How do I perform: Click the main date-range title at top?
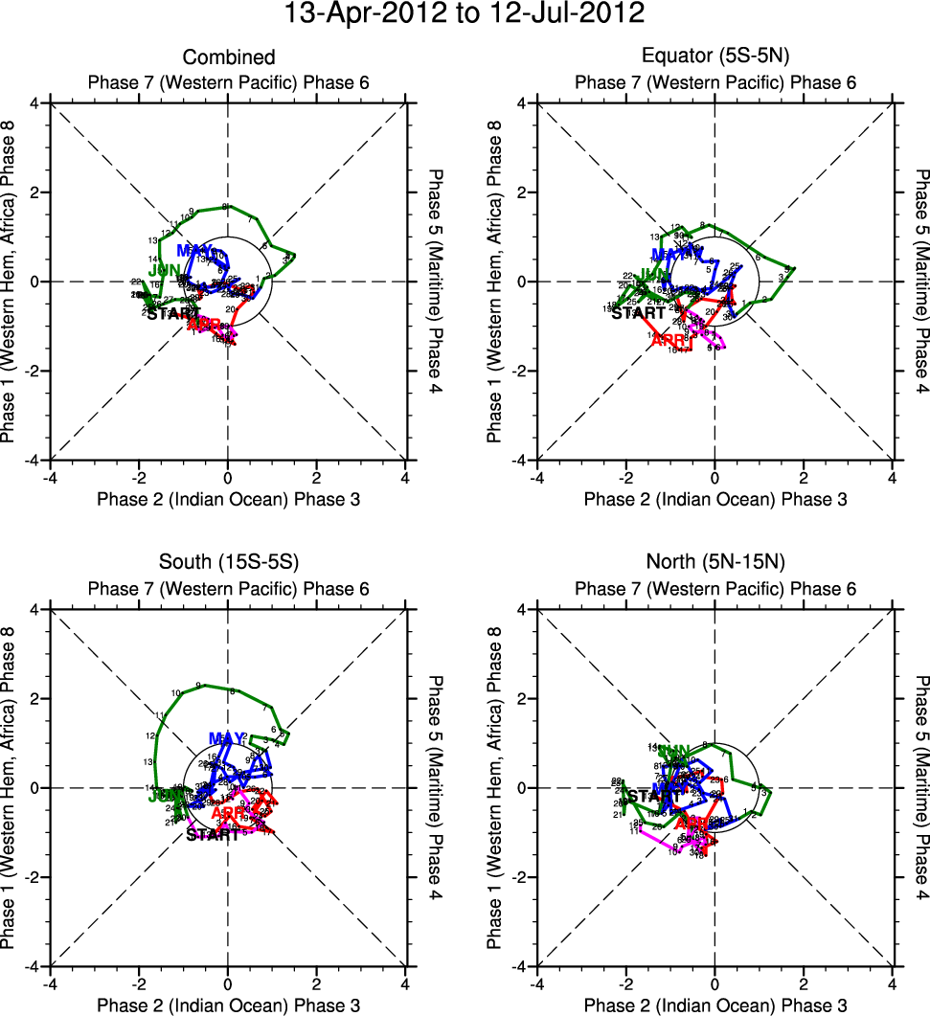[x=465, y=14]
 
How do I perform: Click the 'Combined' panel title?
[x=228, y=57]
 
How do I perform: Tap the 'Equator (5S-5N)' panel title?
[x=715, y=57]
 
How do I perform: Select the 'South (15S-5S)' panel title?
[x=228, y=564]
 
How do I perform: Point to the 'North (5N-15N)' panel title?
[x=715, y=564]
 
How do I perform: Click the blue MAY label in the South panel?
[x=227, y=738]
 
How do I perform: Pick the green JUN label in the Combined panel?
[x=164, y=269]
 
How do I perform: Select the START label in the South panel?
[x=213, y=835]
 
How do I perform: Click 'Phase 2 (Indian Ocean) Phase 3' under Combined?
[x=228, y=499]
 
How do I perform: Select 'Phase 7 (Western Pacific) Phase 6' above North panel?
[x=715, y=589]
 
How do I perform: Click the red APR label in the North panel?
[x=692, y=824]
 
